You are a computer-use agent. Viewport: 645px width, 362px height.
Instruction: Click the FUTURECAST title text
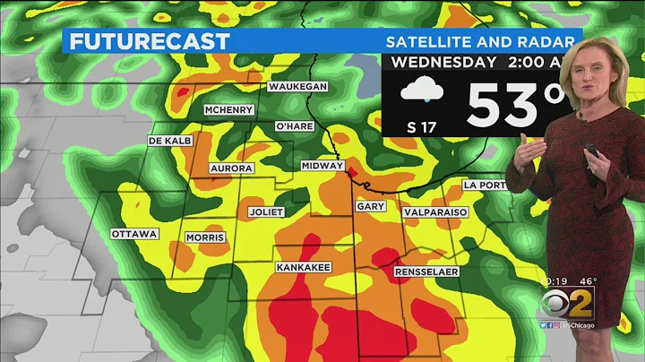(149, 41)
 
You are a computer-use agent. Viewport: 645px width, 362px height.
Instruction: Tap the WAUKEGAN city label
(297, 87)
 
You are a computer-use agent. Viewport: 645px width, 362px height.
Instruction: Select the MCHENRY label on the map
(228, 110)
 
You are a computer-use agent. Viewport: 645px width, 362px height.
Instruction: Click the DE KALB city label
(171, 142)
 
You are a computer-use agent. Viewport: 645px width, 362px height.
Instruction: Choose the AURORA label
(230, 168)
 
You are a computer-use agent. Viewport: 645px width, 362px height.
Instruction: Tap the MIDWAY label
(323, 166)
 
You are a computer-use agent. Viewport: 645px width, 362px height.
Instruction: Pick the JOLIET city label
(265, 212)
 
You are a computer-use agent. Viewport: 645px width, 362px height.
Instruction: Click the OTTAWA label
(134, 234)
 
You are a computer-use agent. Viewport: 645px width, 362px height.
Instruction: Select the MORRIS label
(205, 237)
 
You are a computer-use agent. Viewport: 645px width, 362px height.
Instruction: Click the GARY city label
(370, 206)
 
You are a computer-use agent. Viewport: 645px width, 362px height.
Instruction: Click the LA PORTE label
(485, 185)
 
